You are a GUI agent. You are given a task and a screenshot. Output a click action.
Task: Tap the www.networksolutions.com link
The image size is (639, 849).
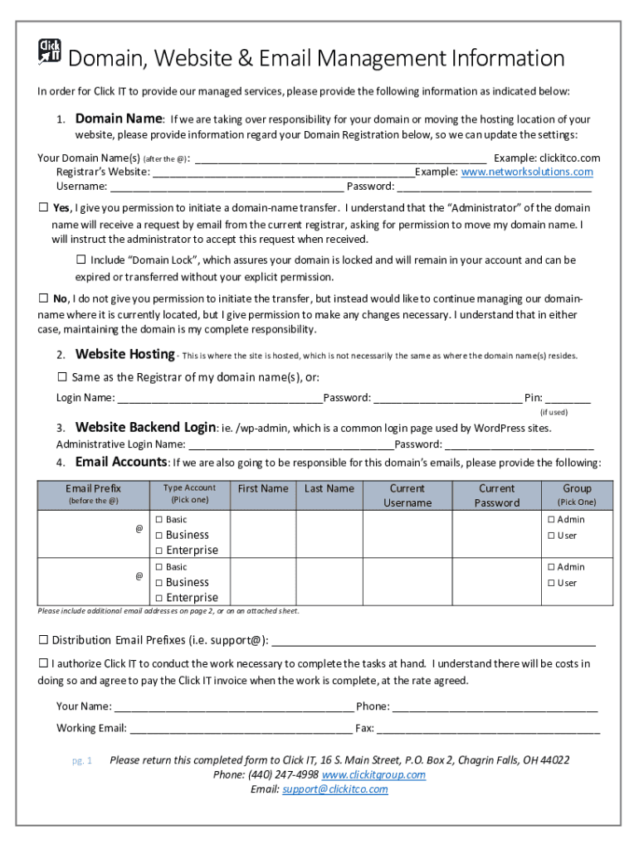pyautogui.click(x=527, y=172)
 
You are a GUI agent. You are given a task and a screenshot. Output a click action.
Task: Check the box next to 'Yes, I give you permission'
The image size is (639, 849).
pyautogui.click(x=43, y=207)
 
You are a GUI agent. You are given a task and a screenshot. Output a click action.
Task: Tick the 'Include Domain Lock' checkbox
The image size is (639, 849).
pyautogui.click(x=81, y=260)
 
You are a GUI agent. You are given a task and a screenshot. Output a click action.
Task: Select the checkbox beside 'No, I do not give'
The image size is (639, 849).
pyautogui.click(x=43, y=298)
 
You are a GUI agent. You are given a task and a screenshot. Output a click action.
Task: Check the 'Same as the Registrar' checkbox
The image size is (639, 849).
pyautogui.click(x=62, y=377)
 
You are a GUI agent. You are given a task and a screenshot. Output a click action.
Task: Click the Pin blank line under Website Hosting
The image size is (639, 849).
pyautogui.click(x=568, y=398)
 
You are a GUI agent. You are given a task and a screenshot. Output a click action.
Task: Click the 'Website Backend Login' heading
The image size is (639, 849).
pyautogui.click(x=145, y=428)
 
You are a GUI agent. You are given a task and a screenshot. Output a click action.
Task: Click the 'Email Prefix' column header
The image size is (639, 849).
pyautogui.click(x=93, y=489)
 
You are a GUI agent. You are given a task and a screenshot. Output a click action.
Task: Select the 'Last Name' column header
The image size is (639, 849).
pyautogui.click(x=329, y=489)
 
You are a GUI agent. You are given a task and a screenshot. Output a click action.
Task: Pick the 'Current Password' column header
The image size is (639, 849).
pyautogui.click(x=496, y=496)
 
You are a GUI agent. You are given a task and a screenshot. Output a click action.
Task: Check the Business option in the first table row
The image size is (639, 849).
pyautogui.click(x=159, y=536)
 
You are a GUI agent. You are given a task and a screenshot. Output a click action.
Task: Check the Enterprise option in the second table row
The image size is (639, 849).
pyautogui.click(x=159, y=598)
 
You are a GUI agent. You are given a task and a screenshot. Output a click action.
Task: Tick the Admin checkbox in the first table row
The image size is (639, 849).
pyautogui.click(x=551, y=520)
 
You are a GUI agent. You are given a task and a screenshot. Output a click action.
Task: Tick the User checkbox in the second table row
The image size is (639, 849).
pyautogui.click(x=551, y=583)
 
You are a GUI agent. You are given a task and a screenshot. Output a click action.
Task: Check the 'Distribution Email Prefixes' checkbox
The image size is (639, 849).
pyautogui.click(x=43, y=640)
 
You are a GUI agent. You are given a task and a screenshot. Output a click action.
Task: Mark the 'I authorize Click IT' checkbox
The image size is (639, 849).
pyautogui.click(x=43, y=664)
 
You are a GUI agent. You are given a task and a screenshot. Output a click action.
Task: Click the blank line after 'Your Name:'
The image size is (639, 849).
pyautogui.click(x=233, y=707)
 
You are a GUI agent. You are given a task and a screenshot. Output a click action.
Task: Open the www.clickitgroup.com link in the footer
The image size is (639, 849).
pyautogui.click(x=373, y=774)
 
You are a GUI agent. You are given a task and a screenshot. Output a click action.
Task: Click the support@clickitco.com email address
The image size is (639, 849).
pyautogui.click(x=335, y=789)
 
